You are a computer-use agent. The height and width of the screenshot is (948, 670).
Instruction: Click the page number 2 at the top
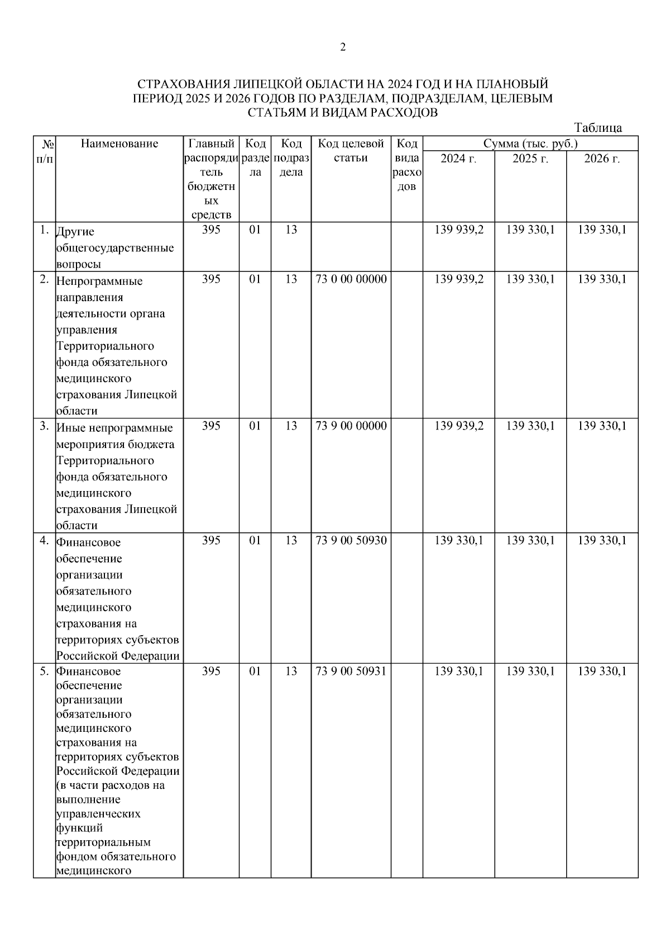[343, 47]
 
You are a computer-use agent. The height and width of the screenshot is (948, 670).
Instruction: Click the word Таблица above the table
[597, 128]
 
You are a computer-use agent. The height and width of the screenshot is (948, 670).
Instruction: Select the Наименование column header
[119, 144]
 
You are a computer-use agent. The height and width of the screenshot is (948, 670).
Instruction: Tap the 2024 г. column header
[458, 159]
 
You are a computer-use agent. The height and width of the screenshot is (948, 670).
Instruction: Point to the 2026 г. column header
[602, 159]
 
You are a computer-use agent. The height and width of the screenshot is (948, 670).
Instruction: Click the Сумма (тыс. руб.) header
[530, 144]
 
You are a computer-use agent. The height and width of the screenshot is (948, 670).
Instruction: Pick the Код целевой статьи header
[351, 150]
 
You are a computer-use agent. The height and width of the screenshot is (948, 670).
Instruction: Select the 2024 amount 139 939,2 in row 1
[458, 230]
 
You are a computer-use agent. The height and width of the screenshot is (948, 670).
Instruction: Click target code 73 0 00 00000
[351, 279]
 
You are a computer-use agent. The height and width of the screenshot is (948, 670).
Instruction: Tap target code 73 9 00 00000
[351, 426]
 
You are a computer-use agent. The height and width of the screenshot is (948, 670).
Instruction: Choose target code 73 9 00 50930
[351, 541]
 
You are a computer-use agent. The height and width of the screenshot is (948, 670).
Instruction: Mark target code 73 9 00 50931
[351, 671]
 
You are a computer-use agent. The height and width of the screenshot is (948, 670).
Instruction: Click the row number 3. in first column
[44, 426]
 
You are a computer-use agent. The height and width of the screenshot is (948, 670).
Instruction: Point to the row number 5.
[44, 671]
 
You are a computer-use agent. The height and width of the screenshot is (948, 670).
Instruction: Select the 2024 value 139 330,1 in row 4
[458, 541]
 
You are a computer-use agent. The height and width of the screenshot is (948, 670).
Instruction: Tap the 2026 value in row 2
[602, 279]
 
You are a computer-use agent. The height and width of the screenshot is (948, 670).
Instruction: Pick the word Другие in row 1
[75, 231]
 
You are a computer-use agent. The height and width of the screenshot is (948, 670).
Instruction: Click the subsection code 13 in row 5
[290, 671]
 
